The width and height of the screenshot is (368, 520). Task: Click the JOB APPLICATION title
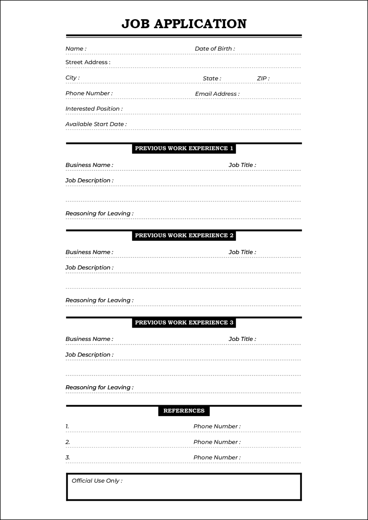click(184, 24)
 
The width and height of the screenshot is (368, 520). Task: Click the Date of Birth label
click(215, 49)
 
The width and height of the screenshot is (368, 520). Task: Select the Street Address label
click(88, 62)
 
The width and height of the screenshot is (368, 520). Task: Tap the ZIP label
click(263, 79)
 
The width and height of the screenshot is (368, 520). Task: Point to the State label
click(212, 79)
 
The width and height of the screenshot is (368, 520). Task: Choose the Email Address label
click(217, 94)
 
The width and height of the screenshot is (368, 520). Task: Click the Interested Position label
click(94, 109)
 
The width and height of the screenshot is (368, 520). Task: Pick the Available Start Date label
click(96, 124)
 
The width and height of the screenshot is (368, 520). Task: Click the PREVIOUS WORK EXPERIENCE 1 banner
click(184, 148)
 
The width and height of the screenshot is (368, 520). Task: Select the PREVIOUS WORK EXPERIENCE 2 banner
click(184, 236)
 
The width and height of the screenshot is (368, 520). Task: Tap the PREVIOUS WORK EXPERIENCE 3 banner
click(184, 323)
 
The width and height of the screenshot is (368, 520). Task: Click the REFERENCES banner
click(184, 411)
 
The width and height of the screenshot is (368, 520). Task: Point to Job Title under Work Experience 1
click(242, 165)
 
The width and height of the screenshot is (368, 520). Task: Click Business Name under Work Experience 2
click(89, 252)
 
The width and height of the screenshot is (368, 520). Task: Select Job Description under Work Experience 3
click(89, 355)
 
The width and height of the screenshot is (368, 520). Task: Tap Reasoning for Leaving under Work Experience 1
click(99, 214)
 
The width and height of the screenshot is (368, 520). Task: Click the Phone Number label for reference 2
click(217, 442)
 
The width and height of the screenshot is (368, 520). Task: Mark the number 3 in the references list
click(67, 458)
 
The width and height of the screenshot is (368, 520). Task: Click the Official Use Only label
click(97, 481)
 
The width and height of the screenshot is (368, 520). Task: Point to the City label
click(72, 78)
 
